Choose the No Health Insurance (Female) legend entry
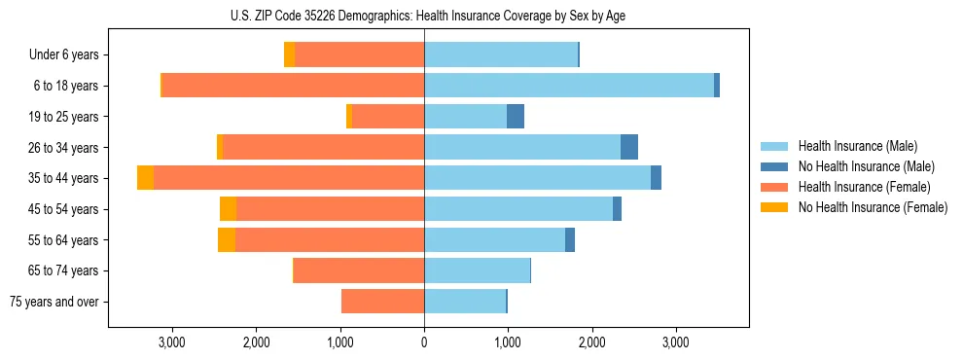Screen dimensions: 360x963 (x=873, y=207)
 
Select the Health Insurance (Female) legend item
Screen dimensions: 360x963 (x=864, y=187)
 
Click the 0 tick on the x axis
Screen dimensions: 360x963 (x=424, y=342)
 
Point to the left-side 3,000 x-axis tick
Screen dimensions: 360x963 (x=171, y=342)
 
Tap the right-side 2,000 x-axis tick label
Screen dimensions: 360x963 (x=591, y=342)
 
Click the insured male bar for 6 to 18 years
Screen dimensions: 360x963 (x=569, y=86)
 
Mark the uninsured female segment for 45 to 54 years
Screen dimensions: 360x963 (x=228, y=209)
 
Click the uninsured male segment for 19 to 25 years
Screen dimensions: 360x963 (x=516, y=117)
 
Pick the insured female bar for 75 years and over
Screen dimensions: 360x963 (x=382, y=302)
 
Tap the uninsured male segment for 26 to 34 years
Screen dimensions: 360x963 (x=629, y=147)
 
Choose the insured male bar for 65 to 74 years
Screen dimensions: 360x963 (x=477, y=270)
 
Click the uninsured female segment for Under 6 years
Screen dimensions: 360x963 (x=289, y=55)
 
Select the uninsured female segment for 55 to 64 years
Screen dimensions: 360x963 (x=227, y=239)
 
